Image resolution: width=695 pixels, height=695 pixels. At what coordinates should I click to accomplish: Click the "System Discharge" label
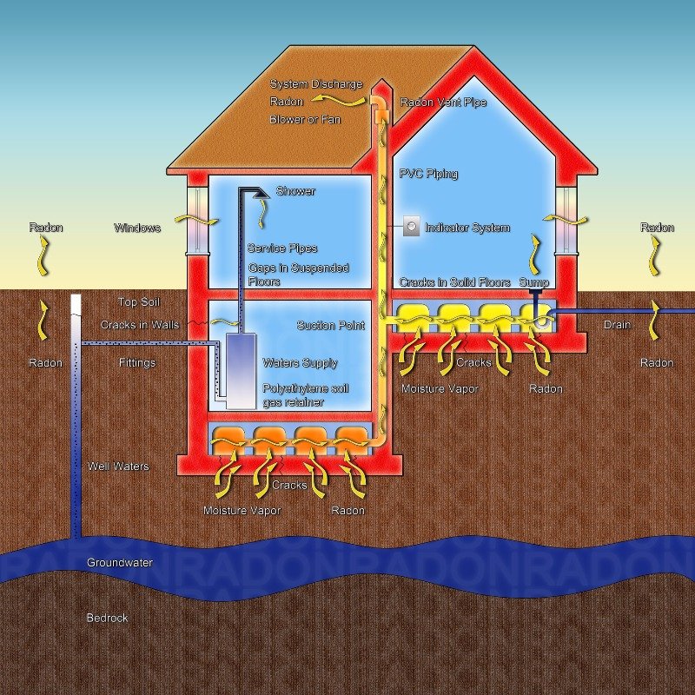[316, 84]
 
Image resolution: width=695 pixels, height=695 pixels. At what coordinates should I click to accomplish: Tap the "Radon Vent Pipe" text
[443, 103]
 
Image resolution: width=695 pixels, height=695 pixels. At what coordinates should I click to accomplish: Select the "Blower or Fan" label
[305, 119]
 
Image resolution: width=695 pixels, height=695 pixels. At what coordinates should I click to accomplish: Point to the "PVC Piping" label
[428, 174]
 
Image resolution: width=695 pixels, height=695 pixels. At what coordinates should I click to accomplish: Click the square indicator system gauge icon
[411, 228]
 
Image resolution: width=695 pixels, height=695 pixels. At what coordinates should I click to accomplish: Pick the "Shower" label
[295, 191]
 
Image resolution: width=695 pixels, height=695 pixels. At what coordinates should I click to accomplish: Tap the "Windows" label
[137, 228]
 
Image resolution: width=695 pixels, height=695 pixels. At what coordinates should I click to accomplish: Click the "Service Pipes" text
[282, 248]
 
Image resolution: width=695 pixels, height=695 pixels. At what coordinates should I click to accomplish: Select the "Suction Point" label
[331, 326]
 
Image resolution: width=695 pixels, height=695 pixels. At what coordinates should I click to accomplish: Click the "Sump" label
[535, 283]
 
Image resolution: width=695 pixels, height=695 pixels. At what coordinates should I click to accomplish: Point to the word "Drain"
[618, 326]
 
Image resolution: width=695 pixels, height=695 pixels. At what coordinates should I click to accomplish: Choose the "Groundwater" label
[120, 563]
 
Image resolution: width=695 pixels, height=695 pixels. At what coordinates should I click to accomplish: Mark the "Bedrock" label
[107, 619]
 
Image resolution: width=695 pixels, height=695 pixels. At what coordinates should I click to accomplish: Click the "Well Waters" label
[118, 467]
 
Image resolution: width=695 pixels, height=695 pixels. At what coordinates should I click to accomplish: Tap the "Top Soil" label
[139, 302]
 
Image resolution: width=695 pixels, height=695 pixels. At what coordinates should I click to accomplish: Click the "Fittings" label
[137, 363]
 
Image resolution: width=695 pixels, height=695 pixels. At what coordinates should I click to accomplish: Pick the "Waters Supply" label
[301, 363]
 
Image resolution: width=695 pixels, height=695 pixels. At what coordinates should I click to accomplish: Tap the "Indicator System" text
[467, 228]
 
